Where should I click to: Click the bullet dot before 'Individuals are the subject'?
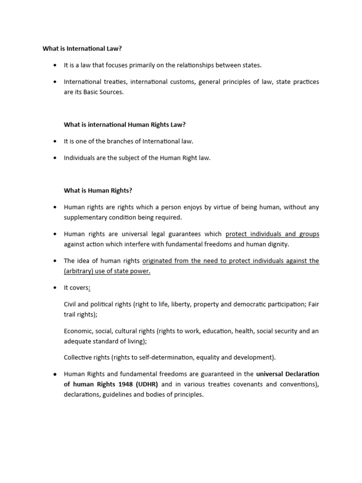click(55, 158)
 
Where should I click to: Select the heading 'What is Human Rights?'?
click(98, 191)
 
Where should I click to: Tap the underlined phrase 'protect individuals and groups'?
click(272, 234)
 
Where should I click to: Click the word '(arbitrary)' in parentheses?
click(79, 271)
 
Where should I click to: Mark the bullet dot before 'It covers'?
click(55, 288)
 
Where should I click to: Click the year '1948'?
click(127, 384)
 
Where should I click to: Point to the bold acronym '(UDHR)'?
click(147, 384)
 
